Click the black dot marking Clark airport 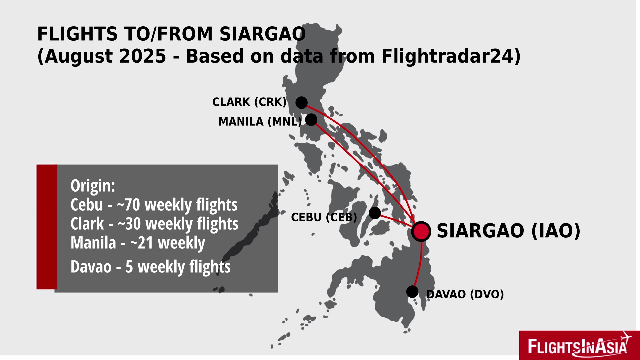(301, 103)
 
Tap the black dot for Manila (311, 120)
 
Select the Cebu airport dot (375, 213)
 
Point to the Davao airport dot (412, 292)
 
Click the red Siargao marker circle (421, 231)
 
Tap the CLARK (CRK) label (249, 102)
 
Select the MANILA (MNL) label (260, 122)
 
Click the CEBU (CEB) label (324, 217)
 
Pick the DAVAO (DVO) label (465, 294)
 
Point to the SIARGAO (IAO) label (509, 231)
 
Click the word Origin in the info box (93, 186)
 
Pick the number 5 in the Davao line (129, 267)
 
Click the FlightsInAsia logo (579, 345)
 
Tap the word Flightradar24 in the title (451, 56)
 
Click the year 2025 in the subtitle (143, 56)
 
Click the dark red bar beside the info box (47, 227)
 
